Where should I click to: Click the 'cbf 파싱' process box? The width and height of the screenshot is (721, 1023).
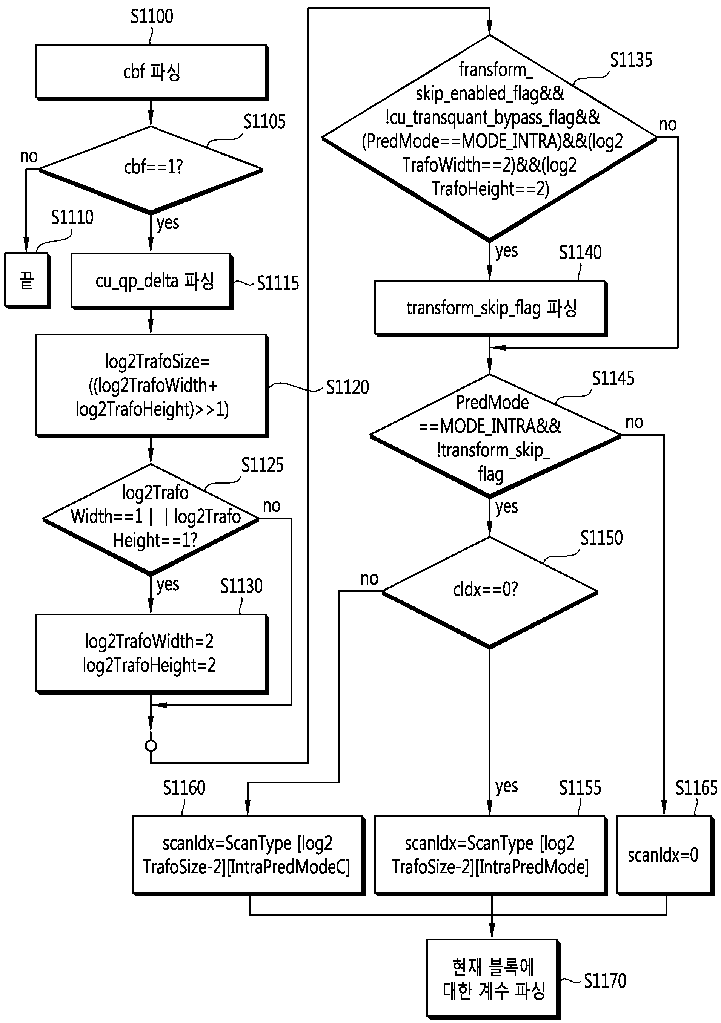pos(152,72)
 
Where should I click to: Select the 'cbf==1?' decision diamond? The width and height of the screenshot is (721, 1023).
pos(151,169)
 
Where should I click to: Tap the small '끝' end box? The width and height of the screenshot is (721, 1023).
pos(27,281)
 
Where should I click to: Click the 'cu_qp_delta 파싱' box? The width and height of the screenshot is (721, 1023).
pos(152,281)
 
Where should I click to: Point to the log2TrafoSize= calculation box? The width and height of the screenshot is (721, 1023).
pos(152,385)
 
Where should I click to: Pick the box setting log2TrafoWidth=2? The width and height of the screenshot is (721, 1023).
pos(152,654)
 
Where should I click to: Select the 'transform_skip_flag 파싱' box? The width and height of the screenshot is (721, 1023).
pos(490,308)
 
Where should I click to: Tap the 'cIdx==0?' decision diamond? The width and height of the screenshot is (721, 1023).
pos(490,592)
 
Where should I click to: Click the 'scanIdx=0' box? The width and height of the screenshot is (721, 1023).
pos(665,855)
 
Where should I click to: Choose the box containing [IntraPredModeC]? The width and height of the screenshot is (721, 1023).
pos(248,855)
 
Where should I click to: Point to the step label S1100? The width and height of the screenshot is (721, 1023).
pos(152,17)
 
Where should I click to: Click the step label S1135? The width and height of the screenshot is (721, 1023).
pos(631,60)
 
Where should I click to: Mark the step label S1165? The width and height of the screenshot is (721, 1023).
pos(696,788)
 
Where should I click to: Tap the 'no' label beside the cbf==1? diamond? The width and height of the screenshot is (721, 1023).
pos(29,156)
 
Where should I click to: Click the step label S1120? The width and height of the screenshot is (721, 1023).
pos(348,387)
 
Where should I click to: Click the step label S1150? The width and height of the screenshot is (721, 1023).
pos(601,538)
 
